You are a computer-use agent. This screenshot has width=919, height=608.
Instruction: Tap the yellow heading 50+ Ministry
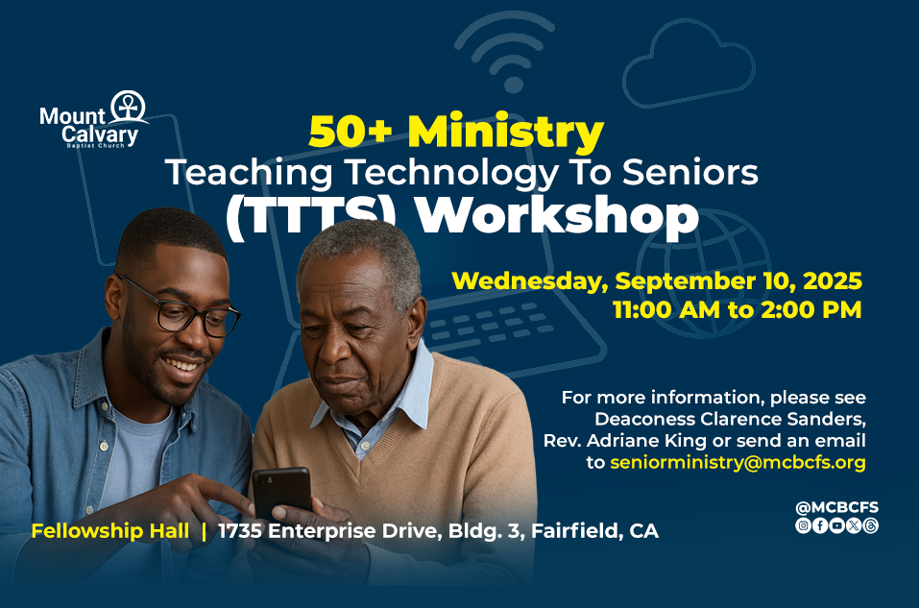[x=456, y=132]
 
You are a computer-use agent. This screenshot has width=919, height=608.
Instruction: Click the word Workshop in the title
[x=557, y=216]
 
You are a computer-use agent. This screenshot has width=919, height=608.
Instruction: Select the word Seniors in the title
[x=689, y=172]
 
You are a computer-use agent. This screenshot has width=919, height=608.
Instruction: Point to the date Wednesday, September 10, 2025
[x=657, y=281]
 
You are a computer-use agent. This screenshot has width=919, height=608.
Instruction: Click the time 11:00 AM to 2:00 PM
[x=738, y=309]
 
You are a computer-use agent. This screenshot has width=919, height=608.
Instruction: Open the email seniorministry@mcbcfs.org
[x=738, y=463]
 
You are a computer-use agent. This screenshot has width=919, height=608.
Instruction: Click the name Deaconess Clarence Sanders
[x=730, y=419]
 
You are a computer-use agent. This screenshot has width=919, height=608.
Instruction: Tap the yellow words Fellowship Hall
[x=110, y=531]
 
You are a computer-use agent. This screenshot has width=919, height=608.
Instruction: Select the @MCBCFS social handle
[x=837, y=508]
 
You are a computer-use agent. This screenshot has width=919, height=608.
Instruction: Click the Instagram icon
[x=804, y=526]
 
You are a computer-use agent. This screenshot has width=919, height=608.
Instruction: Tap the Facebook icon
[x=820, y=526]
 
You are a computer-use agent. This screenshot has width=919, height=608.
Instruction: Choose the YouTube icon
[x=837, y=526]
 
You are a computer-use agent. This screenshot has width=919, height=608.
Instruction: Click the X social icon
[x=854, y=526]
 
